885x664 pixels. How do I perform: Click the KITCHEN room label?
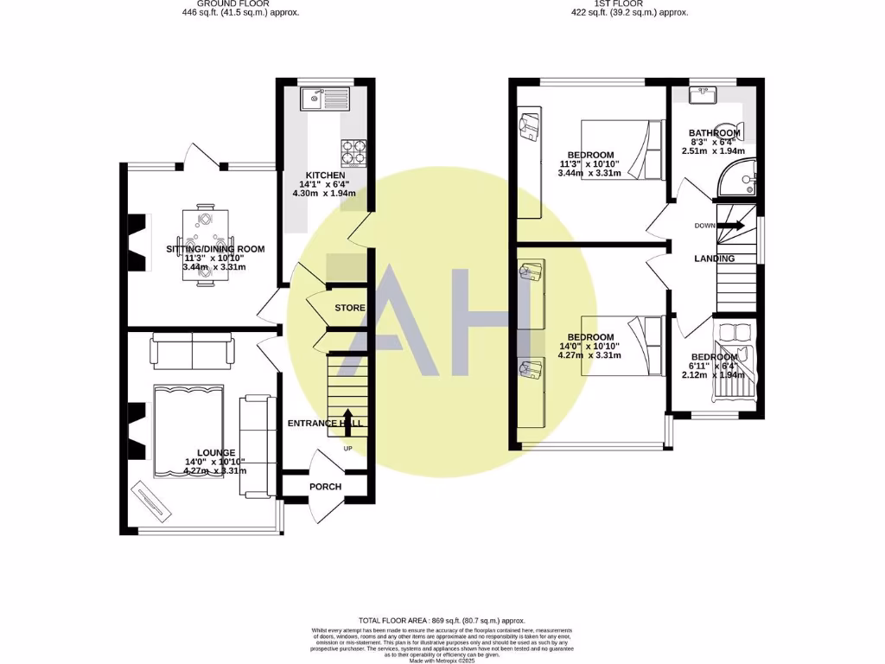pos(321,175)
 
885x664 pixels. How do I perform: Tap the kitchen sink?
pos(323,99)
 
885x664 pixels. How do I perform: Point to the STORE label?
pos(349,308)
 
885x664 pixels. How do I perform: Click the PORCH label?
pos(325,487)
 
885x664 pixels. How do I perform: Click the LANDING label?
pos(714,259)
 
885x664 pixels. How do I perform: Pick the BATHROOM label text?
pos(714,133)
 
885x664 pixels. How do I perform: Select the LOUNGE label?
pos(215,453)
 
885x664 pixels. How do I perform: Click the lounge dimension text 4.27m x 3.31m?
pos(215,471)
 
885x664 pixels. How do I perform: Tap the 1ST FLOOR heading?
pos(619,3)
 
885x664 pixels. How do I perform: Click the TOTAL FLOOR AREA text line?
pos(442,621)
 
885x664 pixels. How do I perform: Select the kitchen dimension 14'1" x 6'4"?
pos(321,184)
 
